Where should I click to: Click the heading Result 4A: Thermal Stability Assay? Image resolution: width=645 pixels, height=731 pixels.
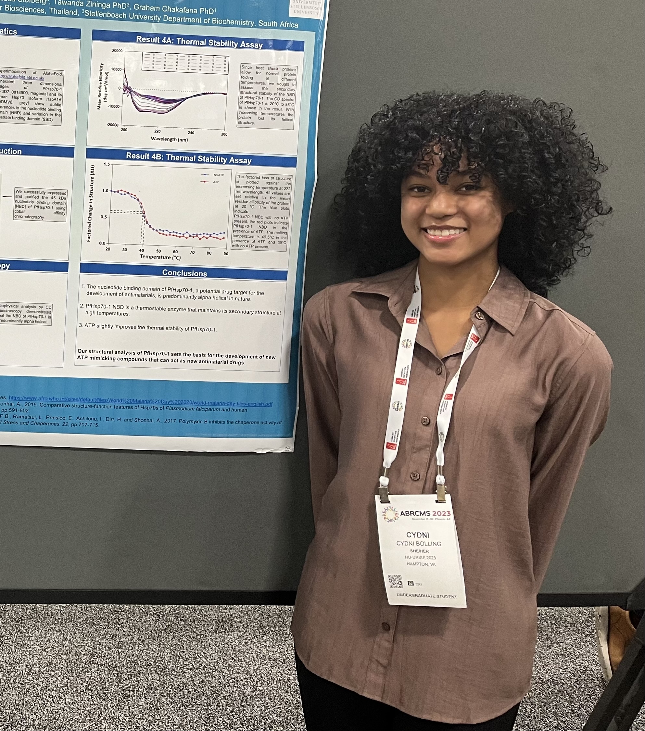199,42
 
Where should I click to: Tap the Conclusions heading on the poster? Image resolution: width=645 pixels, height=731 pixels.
184,273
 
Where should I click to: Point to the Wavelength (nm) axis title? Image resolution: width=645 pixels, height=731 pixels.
169,139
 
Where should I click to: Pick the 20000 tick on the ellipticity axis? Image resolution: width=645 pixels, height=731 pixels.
117,51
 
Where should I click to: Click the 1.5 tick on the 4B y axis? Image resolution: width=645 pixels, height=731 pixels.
107,164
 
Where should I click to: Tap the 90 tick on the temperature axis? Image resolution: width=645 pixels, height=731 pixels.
226,254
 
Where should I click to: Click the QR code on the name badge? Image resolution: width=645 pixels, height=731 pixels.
395,581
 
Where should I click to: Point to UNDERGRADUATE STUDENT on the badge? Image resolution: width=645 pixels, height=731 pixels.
426,596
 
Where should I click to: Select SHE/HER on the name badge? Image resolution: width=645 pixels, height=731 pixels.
419,551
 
